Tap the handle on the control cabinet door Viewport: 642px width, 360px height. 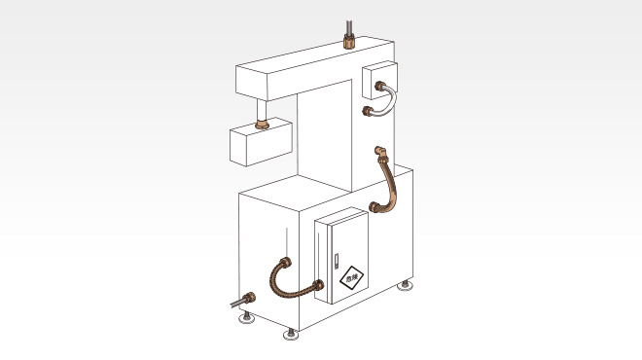tap(334, 262)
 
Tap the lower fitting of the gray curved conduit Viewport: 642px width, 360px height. tap(370, 113)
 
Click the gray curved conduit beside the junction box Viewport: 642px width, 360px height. tap(387, 102)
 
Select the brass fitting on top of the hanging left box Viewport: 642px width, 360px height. tap(261, 125)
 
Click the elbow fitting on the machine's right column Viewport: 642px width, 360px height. tap(379, 152)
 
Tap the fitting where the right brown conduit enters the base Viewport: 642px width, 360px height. tap(375, 206)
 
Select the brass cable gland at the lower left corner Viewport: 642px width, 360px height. tap(251, 298)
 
